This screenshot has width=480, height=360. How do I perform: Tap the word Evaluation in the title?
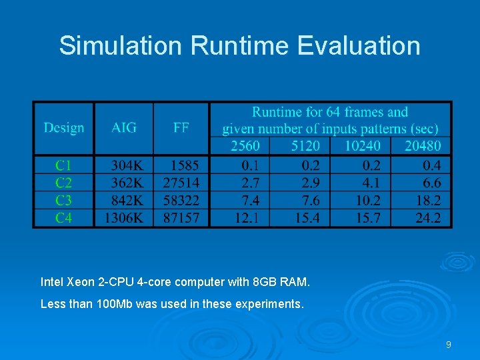359,46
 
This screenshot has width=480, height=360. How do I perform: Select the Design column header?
64,127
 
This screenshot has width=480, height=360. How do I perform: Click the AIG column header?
124,127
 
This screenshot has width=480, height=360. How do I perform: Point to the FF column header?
181,127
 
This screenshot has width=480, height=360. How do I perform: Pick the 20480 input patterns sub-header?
423,146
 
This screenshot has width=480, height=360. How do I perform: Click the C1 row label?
64,165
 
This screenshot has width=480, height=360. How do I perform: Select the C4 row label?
64,217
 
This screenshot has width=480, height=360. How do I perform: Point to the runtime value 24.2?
427,217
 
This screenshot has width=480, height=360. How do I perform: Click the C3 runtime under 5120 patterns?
307,200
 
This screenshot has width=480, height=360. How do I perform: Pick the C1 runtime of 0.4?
431,165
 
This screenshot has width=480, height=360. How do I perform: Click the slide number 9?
449,345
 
